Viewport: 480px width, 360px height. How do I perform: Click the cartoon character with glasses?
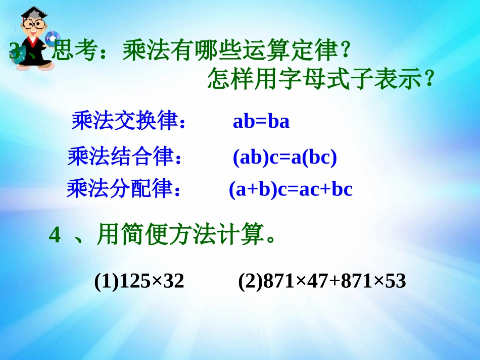coord(31,38)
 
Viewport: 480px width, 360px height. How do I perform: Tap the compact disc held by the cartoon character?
coord(52,39)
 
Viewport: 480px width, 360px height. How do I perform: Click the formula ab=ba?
coord(261,122)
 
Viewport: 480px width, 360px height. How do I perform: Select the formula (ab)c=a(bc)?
coord(284,158)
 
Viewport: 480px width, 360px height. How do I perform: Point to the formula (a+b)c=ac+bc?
coord(291,189)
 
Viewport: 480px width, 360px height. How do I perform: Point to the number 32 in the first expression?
coord(174,281)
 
